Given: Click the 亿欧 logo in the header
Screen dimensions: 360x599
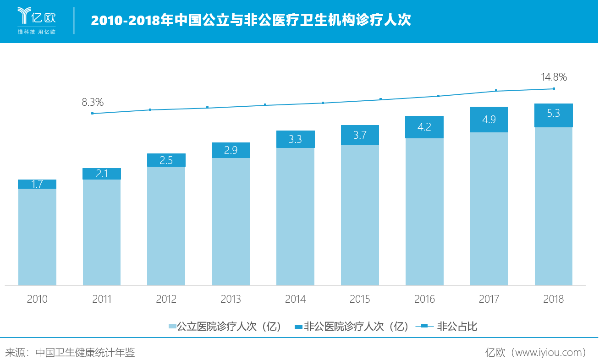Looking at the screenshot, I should click(36, 21).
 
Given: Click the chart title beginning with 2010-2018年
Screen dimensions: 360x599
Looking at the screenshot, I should click(251, 21).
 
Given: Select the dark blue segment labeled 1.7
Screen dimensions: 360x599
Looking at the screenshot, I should click(37, 184).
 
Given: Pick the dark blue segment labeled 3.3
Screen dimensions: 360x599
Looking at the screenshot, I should click(295, 139).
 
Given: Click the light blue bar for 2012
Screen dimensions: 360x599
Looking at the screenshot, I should click(166, 226).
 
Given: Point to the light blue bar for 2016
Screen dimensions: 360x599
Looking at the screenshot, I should click(424, 212).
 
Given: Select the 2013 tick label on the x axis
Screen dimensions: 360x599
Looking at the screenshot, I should click(231, 300).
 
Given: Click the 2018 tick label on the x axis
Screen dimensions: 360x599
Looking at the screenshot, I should click(554, 300).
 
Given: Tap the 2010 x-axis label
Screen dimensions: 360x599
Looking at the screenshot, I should click(37, 300).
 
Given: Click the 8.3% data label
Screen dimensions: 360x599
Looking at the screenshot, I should click(93, 103).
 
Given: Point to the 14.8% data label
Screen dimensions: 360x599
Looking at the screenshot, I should click(554, 77).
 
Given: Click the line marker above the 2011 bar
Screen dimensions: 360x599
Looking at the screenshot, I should click(93, 113).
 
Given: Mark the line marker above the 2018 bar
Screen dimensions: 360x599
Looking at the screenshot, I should click(554, 88).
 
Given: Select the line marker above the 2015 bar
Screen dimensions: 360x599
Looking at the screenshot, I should click(380, 99).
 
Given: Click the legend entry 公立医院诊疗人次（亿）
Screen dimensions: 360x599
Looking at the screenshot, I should click(225, 327).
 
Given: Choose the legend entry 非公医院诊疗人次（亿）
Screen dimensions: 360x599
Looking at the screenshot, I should click(351, 327).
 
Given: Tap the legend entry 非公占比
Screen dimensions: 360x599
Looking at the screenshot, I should click(446, 327).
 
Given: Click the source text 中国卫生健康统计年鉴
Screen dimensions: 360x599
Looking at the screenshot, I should click(85, 352).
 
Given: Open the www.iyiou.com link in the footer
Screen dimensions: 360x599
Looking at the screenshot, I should click(547, 352).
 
